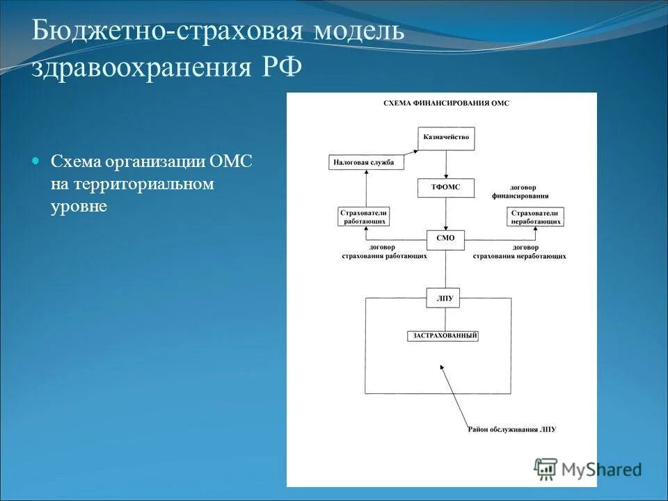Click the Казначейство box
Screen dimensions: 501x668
[446, 137]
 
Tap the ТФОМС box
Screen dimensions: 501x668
[446, 187]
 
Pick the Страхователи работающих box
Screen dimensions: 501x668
[363, 216]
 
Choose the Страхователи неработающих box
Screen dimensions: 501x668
[535, 216]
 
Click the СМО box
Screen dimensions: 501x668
[445, 238]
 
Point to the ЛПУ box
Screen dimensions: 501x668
[445, 299]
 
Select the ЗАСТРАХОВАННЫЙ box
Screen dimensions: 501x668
[445, 336]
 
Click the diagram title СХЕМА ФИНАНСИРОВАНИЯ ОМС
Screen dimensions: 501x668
[446, 103]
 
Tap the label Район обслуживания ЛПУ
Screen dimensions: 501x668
[512, 429]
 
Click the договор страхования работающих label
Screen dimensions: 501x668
[383, 252]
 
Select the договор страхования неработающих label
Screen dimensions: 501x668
[519, 252]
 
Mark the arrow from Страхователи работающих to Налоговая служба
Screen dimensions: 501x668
[363, 189]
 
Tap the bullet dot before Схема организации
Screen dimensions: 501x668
[37, 161]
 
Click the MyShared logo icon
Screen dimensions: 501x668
[546, 469]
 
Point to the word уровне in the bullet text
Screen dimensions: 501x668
[79, 207]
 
